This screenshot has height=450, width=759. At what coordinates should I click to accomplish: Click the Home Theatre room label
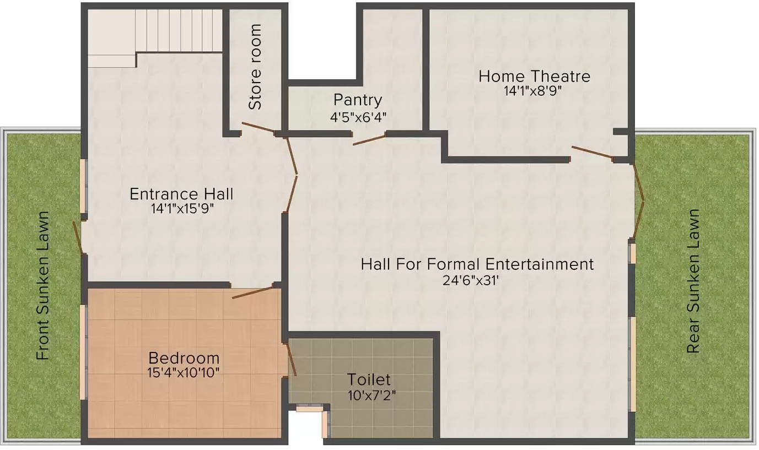click(x=534, y=76)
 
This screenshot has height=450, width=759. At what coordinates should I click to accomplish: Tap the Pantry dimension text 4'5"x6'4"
click(x=358, y=117)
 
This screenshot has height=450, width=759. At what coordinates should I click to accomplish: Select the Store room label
click(x=255, y=67)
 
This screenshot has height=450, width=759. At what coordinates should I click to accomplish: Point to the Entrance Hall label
click(x=181, y=194)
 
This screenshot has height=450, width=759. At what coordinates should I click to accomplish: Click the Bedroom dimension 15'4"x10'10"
click(x=184, y=373)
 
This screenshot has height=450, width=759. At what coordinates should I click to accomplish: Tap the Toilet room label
click(x=369, y=379)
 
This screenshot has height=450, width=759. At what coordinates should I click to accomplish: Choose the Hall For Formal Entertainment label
click(x=477, y=264)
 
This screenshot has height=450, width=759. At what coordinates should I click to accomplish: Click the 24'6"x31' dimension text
click(x=471, y=280)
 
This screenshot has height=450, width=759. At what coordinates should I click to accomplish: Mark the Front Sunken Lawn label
click(x=44, y=285)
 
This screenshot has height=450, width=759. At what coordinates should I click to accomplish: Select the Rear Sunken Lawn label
click(x=693, y=281)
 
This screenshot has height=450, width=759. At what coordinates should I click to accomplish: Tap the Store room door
click(x=258, y=127)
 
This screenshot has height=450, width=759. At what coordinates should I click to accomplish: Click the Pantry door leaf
click(x=369, y=140)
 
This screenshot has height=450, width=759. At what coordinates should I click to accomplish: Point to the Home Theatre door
click(x=592, y=152)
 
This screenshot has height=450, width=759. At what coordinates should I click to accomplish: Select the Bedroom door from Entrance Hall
click(x=252, y=292)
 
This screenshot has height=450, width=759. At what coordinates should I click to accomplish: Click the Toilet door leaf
click(x=292, y=360)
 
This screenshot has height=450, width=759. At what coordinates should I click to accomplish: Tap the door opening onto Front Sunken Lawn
click(x=78, y=238)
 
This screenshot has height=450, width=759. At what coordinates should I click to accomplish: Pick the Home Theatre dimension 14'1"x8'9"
click(x=532, y=91)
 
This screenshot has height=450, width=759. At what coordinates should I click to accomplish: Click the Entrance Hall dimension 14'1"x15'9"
click(x=182, y=209)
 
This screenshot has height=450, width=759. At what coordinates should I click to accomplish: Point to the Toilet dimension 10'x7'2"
click(x=372, y=395)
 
